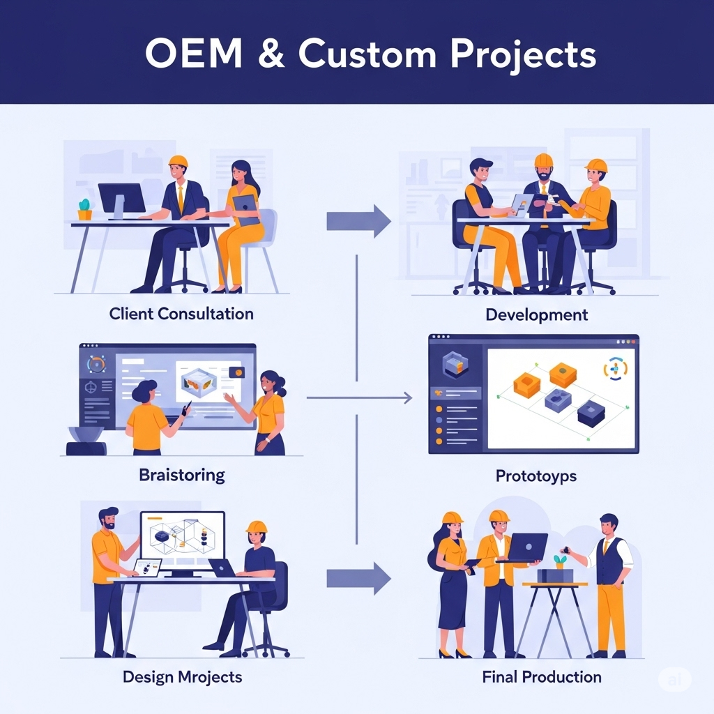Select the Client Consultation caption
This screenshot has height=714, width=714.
click(x=181, y=314)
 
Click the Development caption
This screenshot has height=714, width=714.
click(x=536, y=314)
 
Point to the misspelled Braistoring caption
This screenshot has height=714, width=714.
click(x=182, y=476)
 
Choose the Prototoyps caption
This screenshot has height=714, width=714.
click(x=536, y=477)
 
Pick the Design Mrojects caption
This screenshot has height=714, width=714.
click(x=182, y=676)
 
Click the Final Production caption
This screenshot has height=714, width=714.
click(x=541, y=676)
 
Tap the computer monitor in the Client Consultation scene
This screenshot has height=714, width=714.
click(x=121, y=199)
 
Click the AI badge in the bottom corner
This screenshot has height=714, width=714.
click(x=674, y=680)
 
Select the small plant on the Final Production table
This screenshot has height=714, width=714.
click(x=559, y=560)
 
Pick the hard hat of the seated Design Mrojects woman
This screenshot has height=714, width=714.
click(x=257, y=527)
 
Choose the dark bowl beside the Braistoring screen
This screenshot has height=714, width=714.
click(x=86, y=434)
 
